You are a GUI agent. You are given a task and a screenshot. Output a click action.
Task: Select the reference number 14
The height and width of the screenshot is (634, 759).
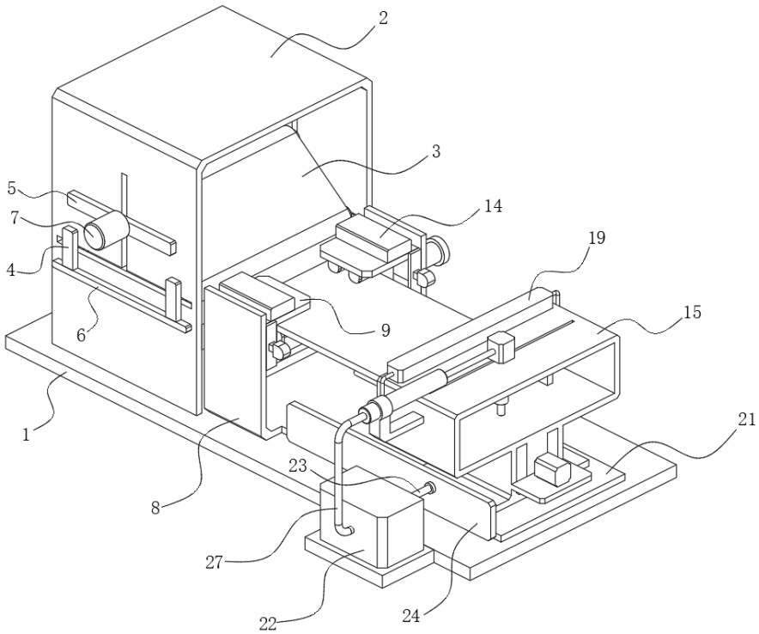coord(493,206)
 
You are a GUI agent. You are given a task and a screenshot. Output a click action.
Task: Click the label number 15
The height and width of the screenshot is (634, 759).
coord(692,312)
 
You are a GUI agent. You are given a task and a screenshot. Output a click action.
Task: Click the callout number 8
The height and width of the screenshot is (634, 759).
coord(155,508)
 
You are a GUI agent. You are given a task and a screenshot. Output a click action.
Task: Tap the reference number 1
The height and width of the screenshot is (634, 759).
coord(27,435)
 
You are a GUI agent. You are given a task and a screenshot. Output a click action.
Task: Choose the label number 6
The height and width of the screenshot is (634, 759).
coord(82,334)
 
